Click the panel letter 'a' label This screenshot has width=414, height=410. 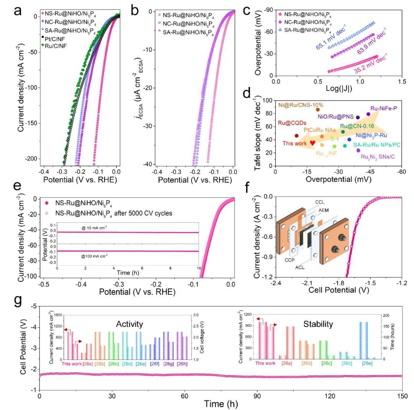(x=18, y=12)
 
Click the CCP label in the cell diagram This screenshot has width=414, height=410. (x=290, y=260)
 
